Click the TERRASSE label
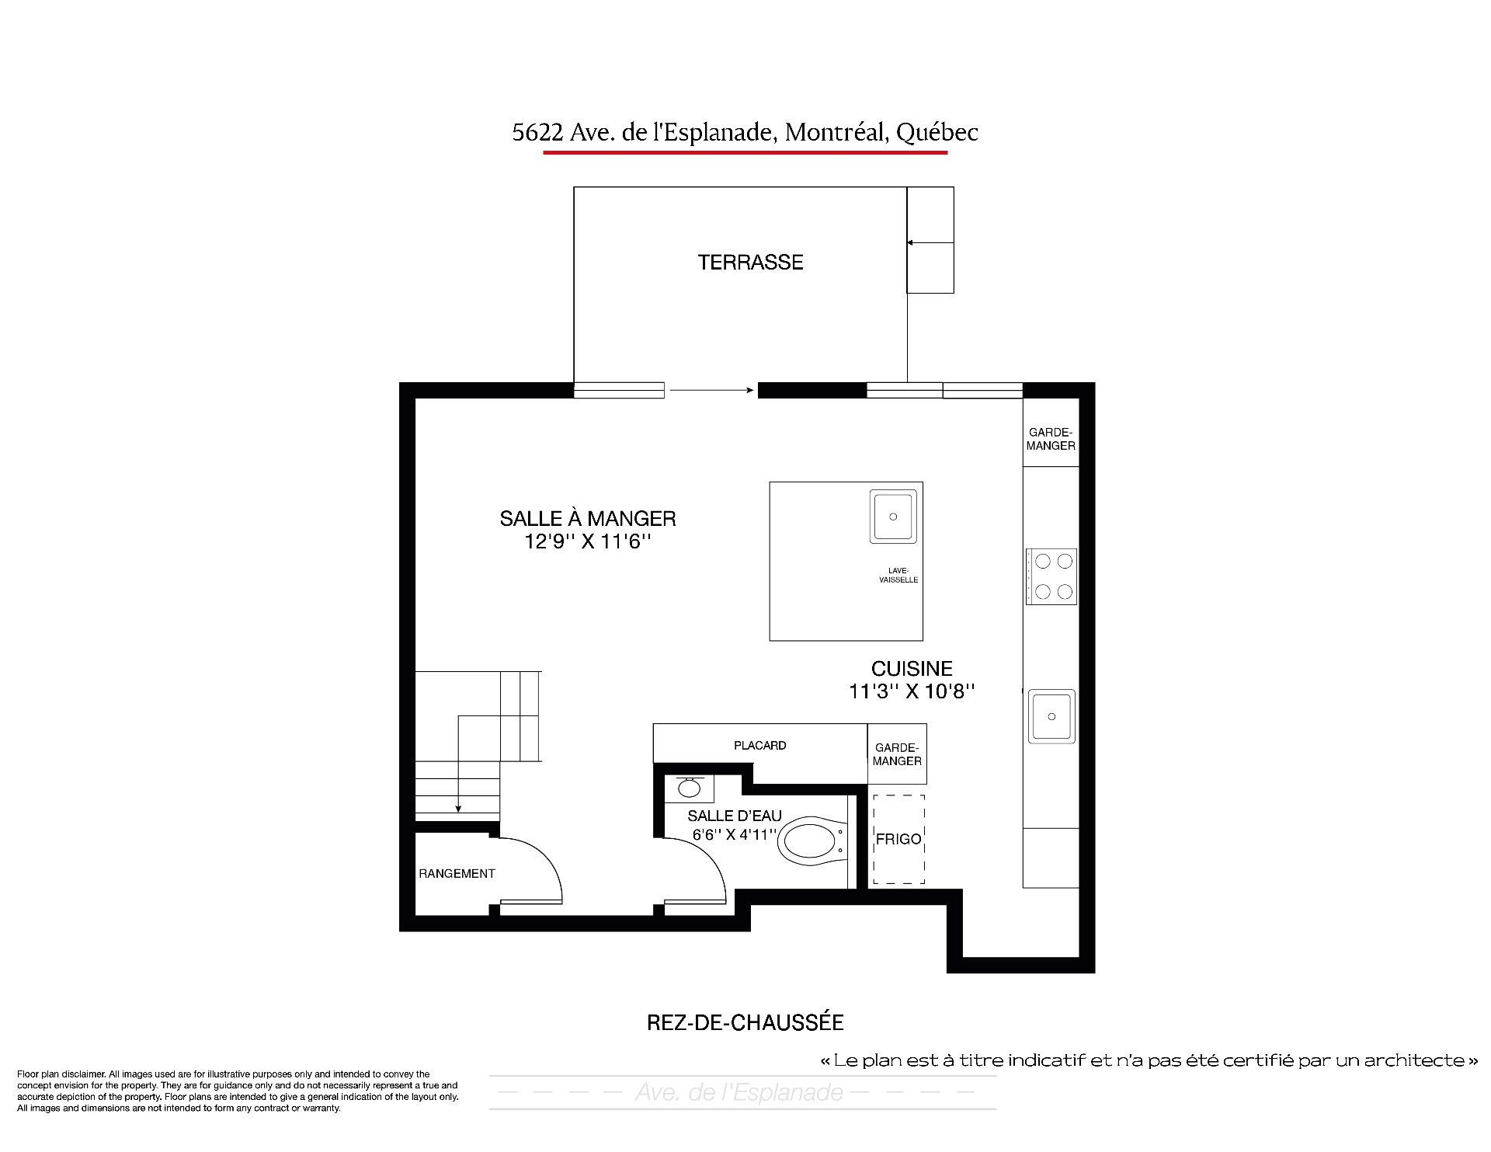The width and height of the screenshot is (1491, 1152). point(750,263)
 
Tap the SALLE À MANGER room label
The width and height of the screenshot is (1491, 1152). point(588,518)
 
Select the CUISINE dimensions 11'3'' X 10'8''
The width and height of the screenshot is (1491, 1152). point(912,691)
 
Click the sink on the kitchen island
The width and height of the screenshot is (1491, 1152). point(893,517)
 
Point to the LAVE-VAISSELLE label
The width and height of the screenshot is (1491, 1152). point(898,575)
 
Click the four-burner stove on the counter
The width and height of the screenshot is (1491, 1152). point(1051,576)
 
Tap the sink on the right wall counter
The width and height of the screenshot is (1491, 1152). point(1052,716)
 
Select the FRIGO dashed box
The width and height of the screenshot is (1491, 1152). point(898,839)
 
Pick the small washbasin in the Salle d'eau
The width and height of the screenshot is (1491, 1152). point(689,788)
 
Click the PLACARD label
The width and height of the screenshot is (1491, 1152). point(760,746)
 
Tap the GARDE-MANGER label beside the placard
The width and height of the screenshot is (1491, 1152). point(897,754)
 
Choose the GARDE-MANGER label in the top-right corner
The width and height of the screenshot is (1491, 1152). point(1051,439)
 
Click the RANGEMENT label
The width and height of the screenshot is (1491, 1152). point(457,874)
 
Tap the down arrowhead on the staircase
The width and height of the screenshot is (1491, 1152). point(458,809)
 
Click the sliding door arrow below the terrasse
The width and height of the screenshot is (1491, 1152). point(712,391)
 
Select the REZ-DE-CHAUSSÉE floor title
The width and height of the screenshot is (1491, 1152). point(745,1022)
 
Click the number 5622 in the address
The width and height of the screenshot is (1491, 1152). point(537,133)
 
